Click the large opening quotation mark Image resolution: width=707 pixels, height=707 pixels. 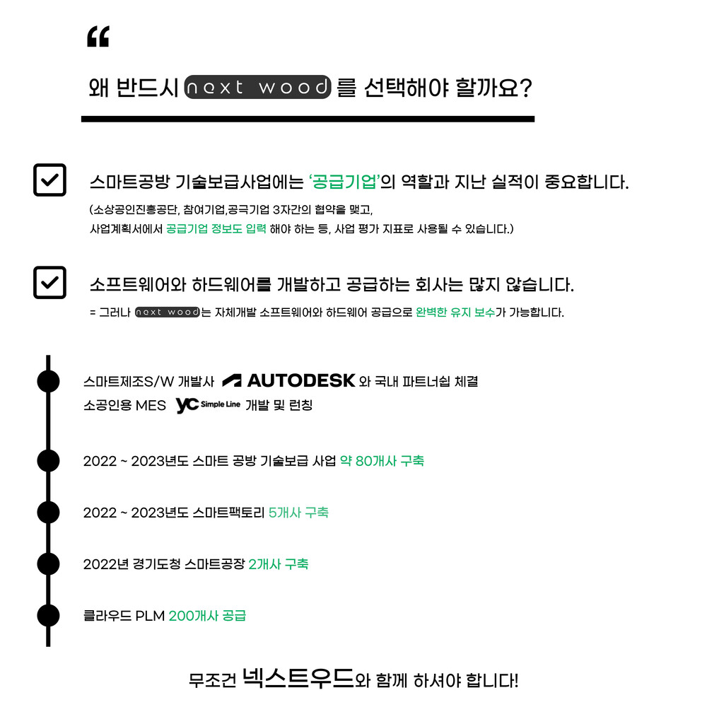tap(98, 37)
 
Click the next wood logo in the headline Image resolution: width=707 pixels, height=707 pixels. tap(257, 87)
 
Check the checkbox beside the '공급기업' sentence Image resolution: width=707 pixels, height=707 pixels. tap(49, 180)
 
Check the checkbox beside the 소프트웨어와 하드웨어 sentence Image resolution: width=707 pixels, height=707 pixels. tap(49, 283)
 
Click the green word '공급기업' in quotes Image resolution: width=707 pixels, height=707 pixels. tap(344, 182)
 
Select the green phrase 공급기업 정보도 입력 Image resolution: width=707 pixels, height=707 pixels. tap(216, 228)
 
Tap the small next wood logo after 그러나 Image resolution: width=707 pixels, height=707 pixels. tap(168, 312)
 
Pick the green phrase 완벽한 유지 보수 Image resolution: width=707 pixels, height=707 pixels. tap(455, 312)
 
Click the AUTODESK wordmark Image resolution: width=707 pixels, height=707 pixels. tap(288, 380)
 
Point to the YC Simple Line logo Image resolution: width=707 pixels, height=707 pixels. tap(208, 405)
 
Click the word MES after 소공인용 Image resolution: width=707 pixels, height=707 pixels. tap(151, 405)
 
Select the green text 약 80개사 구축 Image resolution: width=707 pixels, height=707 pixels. tap(382, 461)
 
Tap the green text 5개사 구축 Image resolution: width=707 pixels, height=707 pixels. tap(298, 513)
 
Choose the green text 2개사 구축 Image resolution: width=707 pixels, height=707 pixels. tap(278, 564)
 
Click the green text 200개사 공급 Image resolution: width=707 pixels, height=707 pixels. tap(207, 616)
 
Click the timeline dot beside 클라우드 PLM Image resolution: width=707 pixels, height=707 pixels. tap(48, 616)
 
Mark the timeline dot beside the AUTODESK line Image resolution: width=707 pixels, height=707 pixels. tap(48, 382)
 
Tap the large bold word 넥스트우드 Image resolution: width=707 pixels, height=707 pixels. tap(298, 677)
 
